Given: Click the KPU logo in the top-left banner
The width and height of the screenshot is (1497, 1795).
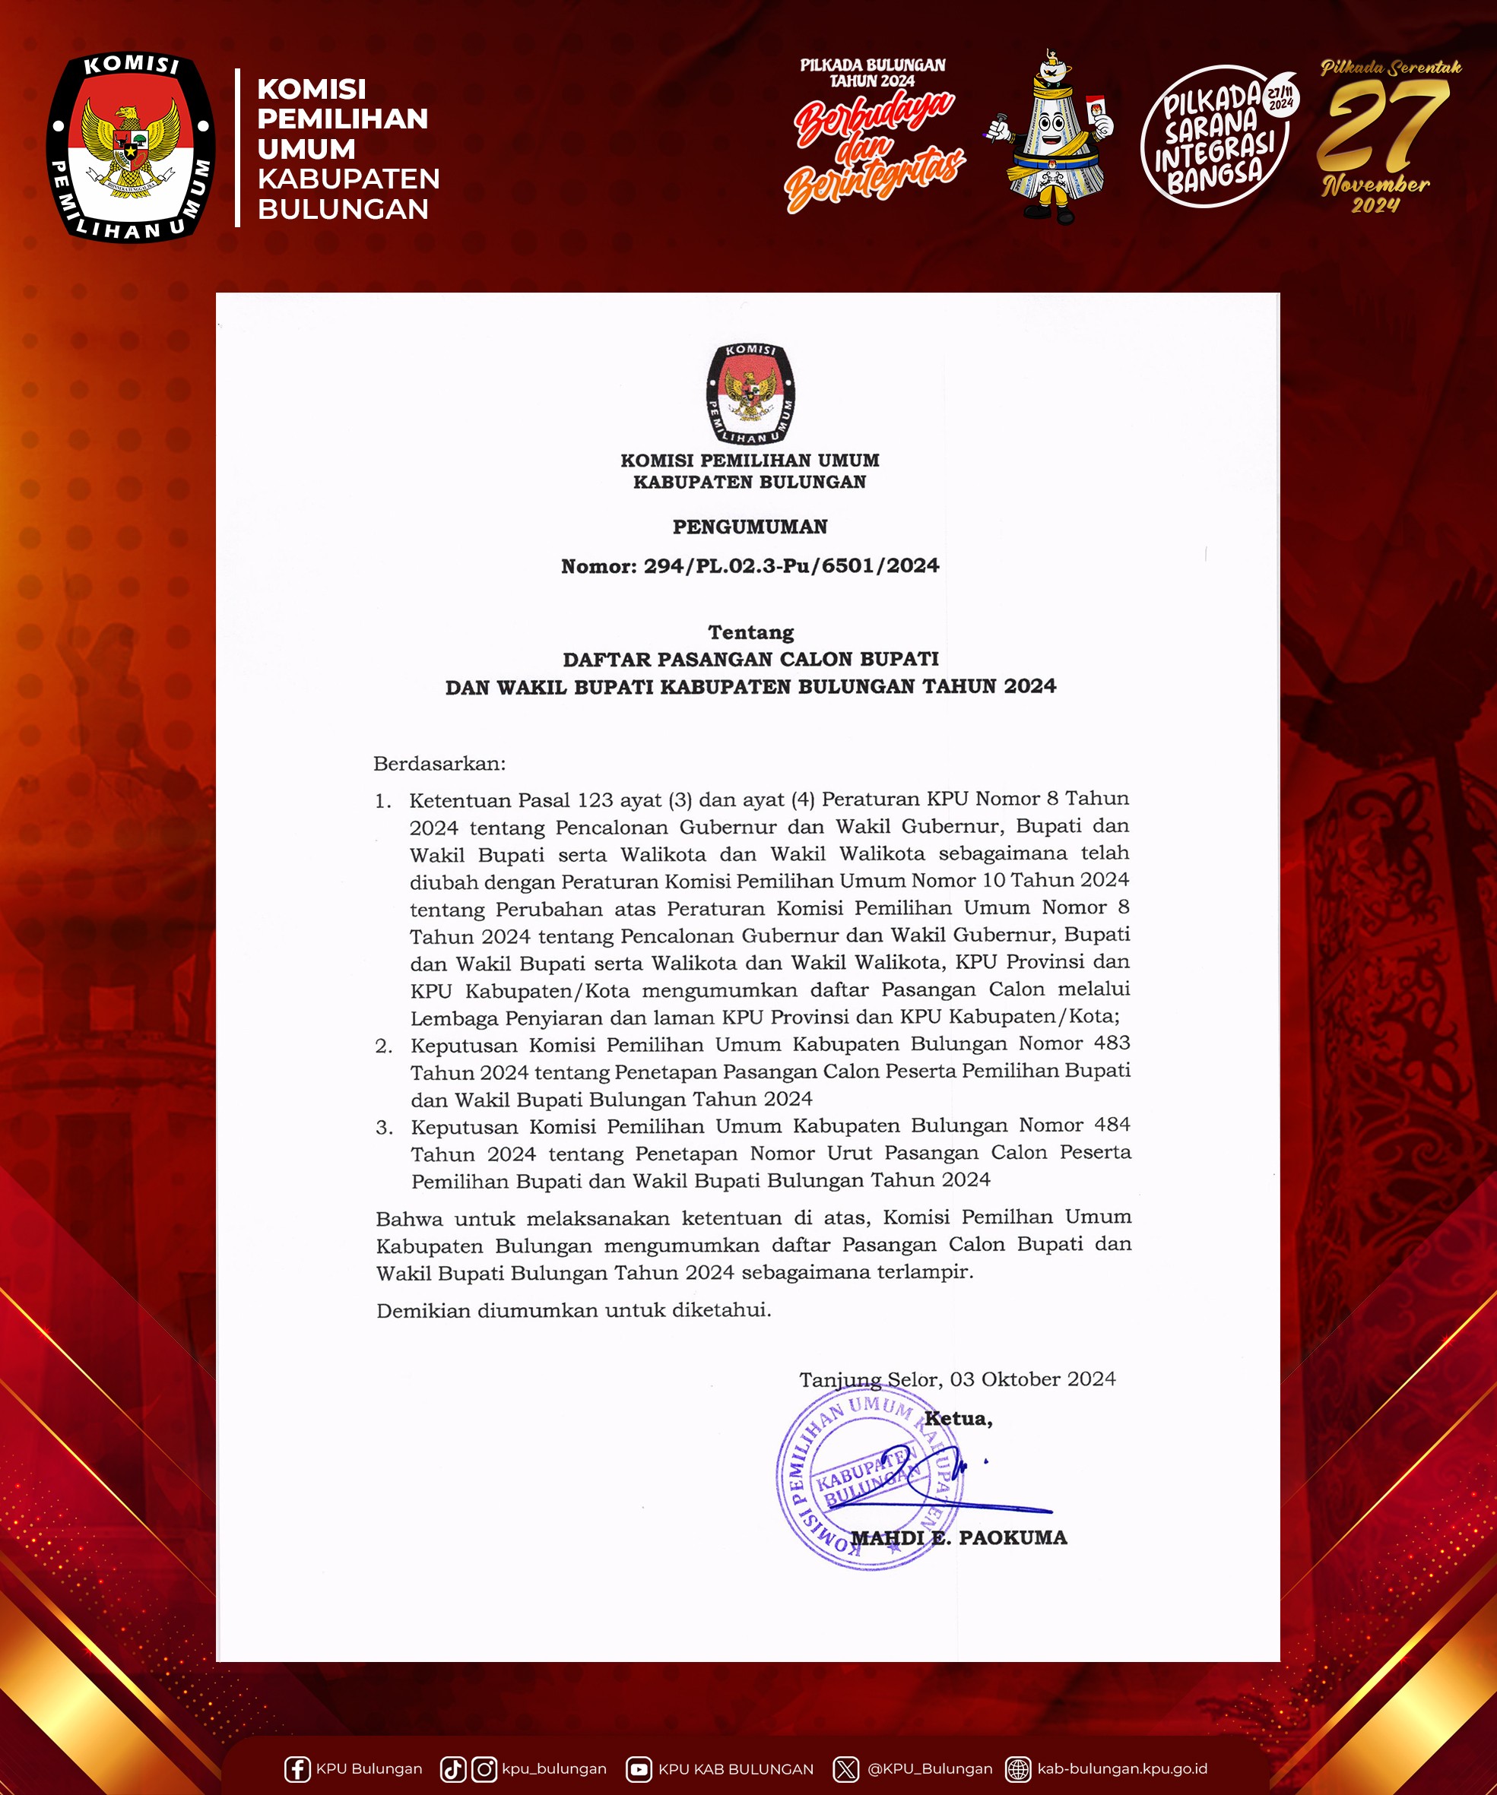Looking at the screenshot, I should pos(130,147).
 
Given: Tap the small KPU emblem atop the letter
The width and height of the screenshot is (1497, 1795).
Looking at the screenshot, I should pos(750,394).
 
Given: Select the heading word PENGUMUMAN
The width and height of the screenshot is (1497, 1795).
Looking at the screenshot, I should pos(750,527).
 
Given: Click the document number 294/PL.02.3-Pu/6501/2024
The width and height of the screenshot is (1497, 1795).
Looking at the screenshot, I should pos(791,566).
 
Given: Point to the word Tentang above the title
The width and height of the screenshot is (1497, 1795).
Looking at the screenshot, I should pos(750,632).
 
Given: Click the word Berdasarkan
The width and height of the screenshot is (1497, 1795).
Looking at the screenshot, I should pos(439,762).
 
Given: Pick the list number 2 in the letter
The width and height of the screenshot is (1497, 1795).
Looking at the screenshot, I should pos(384,1046).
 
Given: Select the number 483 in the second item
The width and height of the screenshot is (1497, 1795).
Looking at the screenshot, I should pos(1112,1043).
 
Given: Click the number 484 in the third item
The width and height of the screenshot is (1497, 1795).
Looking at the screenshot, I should pos(1112,1125).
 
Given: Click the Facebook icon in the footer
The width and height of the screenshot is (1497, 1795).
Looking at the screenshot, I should pos(297,1768).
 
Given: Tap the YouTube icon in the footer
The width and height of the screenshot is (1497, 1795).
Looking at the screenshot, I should pos(638,1768).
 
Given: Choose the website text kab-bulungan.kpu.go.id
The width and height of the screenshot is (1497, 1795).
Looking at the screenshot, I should pos(1121,1768).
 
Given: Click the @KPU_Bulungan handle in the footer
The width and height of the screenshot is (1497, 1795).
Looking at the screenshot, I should pos(929,1768).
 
